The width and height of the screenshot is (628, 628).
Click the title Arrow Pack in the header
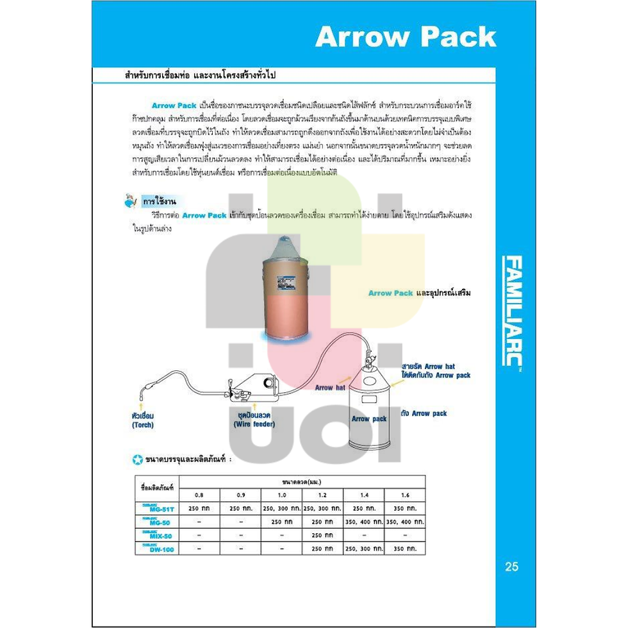[x=405, y=37]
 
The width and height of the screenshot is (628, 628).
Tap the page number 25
[x=511, y=566]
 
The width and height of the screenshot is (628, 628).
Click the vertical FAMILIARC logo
[x=513, y=311]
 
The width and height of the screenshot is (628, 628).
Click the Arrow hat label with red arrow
[x=331, y=387]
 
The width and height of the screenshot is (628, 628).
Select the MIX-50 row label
[x=157, y=535]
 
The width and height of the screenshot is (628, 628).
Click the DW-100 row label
[x=157, y=549]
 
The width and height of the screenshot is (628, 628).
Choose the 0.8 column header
[x=199, y=495]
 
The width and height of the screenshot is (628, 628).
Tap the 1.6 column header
[x=405, y=495]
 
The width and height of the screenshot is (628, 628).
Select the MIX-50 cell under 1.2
[x=322, y=535]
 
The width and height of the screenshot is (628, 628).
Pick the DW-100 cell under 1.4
[x=364, y=549]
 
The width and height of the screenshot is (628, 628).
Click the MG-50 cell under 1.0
[x=281, y=522]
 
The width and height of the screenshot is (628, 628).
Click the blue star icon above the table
[x=137, y=459]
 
